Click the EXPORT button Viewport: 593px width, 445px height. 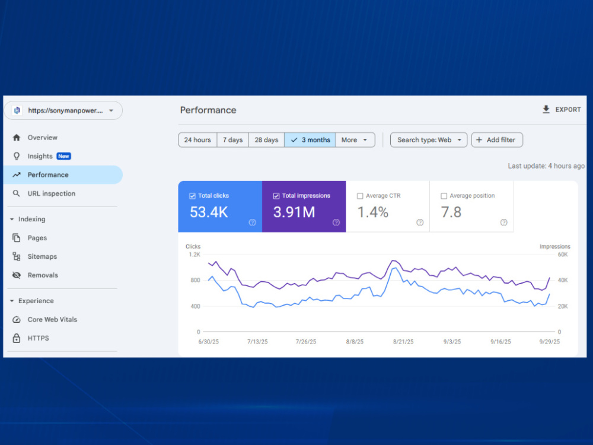562,110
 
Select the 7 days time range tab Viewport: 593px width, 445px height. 232,140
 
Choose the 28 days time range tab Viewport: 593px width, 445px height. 266,140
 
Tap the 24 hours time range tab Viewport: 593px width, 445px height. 197,140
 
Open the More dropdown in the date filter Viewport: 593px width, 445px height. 355,140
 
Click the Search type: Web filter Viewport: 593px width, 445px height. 429,140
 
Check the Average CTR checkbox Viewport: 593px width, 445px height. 360,196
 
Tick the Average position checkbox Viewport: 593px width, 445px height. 444,196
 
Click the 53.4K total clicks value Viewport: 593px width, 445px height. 209,212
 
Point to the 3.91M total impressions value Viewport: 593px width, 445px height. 294,212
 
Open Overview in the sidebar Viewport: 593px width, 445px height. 42,138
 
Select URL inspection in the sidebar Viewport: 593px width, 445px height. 52,193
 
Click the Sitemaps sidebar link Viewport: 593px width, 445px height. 42,256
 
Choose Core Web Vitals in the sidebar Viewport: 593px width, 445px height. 52,319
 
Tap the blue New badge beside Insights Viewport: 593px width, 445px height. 63,156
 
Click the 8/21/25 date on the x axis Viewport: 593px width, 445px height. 403,342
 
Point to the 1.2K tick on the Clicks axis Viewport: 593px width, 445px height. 195,255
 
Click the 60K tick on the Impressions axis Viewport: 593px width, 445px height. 563,255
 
